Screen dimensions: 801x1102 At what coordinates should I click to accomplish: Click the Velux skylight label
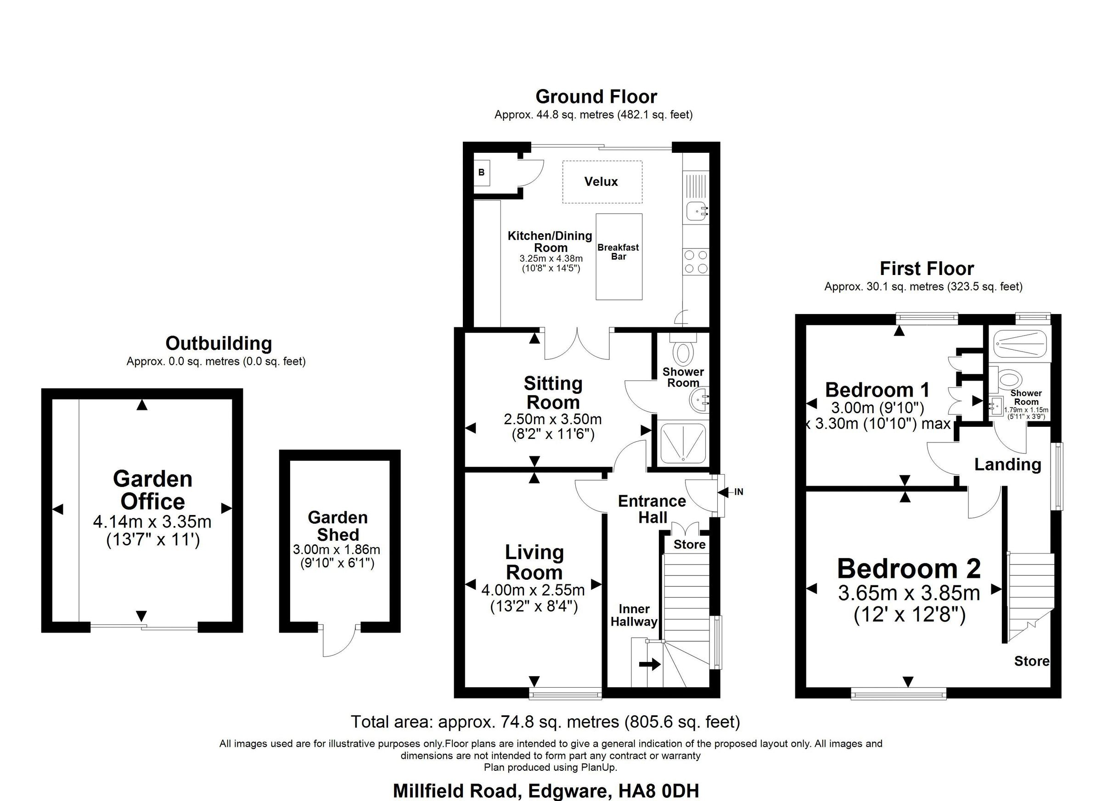click(x=601, y=182)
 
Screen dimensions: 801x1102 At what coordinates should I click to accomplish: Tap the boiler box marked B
click(x=482, y=173)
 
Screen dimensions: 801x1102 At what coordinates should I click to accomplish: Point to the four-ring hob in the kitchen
click(x=696, y=262)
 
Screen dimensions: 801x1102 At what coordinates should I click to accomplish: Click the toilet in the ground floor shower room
click(x=683, y=353)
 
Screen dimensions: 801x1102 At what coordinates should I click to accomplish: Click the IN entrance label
click(x=738, y=492)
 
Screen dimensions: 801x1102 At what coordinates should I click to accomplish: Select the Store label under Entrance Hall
click(x=689, y=544)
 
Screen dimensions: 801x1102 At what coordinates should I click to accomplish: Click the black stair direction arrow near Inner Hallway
click(x=650, y=664)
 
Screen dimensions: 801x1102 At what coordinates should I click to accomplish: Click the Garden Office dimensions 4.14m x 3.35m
click(x=152, y=522)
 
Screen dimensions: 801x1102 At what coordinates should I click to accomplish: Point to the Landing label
click(x=1008, y=465)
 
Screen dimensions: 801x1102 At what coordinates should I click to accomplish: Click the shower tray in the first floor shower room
click(x=1018, y=344)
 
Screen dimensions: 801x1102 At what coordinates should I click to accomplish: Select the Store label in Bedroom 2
click(x=1032, y=661)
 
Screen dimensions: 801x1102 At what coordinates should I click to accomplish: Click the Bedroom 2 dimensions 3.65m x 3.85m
click(x=909, y=593)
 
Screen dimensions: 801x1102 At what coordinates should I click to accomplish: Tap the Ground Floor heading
click(x=596, y=97)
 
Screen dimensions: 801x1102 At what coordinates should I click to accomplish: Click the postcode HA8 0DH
click(x=659, y=791)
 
